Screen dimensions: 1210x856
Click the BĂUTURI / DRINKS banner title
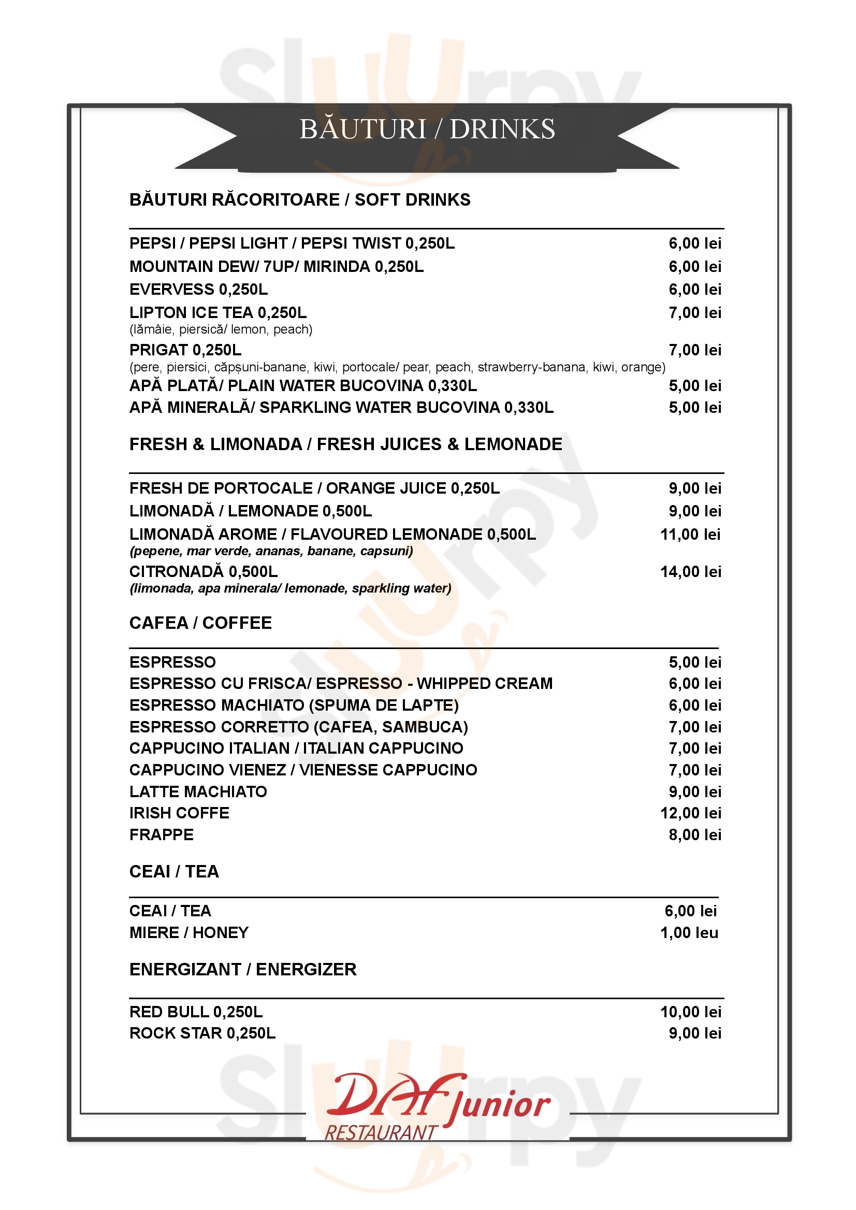pos(427,129)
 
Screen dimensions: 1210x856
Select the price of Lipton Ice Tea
pos(695,313)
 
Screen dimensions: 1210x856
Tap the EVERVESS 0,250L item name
pos(199,290)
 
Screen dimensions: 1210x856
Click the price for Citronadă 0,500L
pos(690,571)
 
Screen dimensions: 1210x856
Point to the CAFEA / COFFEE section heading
pos(200,623)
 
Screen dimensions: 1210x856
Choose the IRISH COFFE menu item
pos(179,813)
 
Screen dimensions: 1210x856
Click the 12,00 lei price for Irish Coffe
pos(690,813)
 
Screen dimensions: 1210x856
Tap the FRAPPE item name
pos(161,834)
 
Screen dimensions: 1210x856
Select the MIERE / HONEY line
pos(188,933)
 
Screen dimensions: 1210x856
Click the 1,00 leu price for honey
pos(689,933)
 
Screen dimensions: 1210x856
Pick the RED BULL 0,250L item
pos(196,1012)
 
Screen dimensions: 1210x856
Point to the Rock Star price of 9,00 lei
pos(695,1033)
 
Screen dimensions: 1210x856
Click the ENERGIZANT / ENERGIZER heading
pos(243,969)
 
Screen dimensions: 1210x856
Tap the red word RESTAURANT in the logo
pos(381,1132)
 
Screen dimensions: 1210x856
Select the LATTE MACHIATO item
pos(198,791)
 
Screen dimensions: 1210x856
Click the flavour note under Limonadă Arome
pos(271,551)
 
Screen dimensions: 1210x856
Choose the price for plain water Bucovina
pos(695,385)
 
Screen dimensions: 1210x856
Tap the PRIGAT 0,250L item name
pos(185,350)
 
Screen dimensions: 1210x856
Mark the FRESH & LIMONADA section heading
pos(346,444)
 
